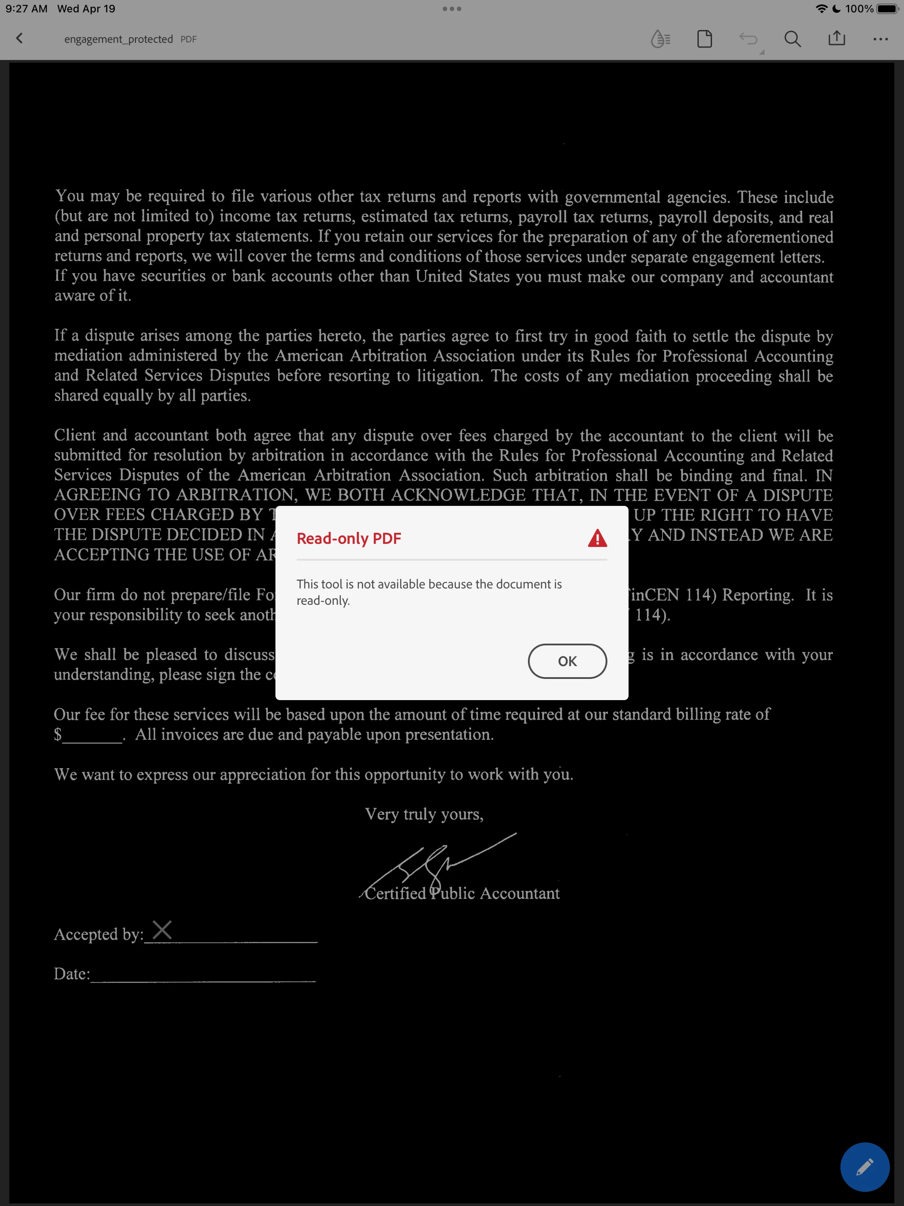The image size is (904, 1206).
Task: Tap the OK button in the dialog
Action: pos(567,661)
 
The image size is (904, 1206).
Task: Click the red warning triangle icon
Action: pos(598,538)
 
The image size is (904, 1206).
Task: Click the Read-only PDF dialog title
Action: pos(349,538)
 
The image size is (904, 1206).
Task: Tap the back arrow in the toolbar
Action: pos(19,38)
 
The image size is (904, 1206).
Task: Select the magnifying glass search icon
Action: pos(792,39)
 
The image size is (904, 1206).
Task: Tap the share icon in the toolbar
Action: pos(836,38)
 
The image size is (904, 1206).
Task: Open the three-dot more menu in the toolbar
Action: pos(881,39)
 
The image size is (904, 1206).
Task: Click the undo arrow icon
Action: pos(749,39)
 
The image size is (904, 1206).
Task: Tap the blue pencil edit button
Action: pos(865,1167)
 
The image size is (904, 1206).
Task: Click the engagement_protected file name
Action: pos(118,39)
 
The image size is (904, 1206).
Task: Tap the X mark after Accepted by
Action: pos(162,930)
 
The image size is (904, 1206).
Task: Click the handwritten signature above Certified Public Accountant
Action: pos(436,861)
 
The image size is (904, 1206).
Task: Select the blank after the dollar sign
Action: pos(93,736)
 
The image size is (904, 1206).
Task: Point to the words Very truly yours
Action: pos(424,814)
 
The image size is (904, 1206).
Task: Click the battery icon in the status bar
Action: pos(887,9)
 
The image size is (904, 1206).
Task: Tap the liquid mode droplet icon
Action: pos(660,39)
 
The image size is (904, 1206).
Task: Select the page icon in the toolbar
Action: pos(704,39)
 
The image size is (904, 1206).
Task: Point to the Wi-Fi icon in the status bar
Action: pos(821,9)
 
